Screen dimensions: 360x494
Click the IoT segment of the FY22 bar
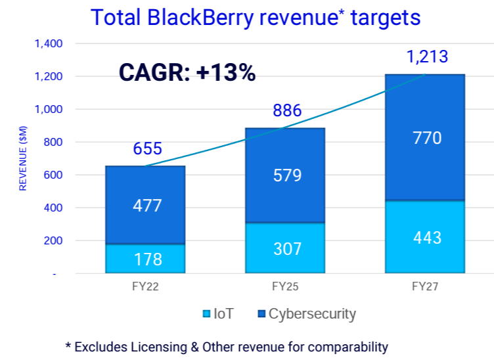(145, 259)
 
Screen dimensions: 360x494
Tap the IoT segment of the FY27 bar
(425, 236)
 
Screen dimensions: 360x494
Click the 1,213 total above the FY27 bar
(427, 56)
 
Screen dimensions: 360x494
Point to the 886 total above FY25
(287, 110)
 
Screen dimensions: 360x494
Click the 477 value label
(146, 206)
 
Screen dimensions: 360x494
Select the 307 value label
(287, 249)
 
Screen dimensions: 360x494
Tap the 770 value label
(427, 139)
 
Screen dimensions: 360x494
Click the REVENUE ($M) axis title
(22, 158)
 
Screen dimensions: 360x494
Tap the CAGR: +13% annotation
(187, 72)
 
